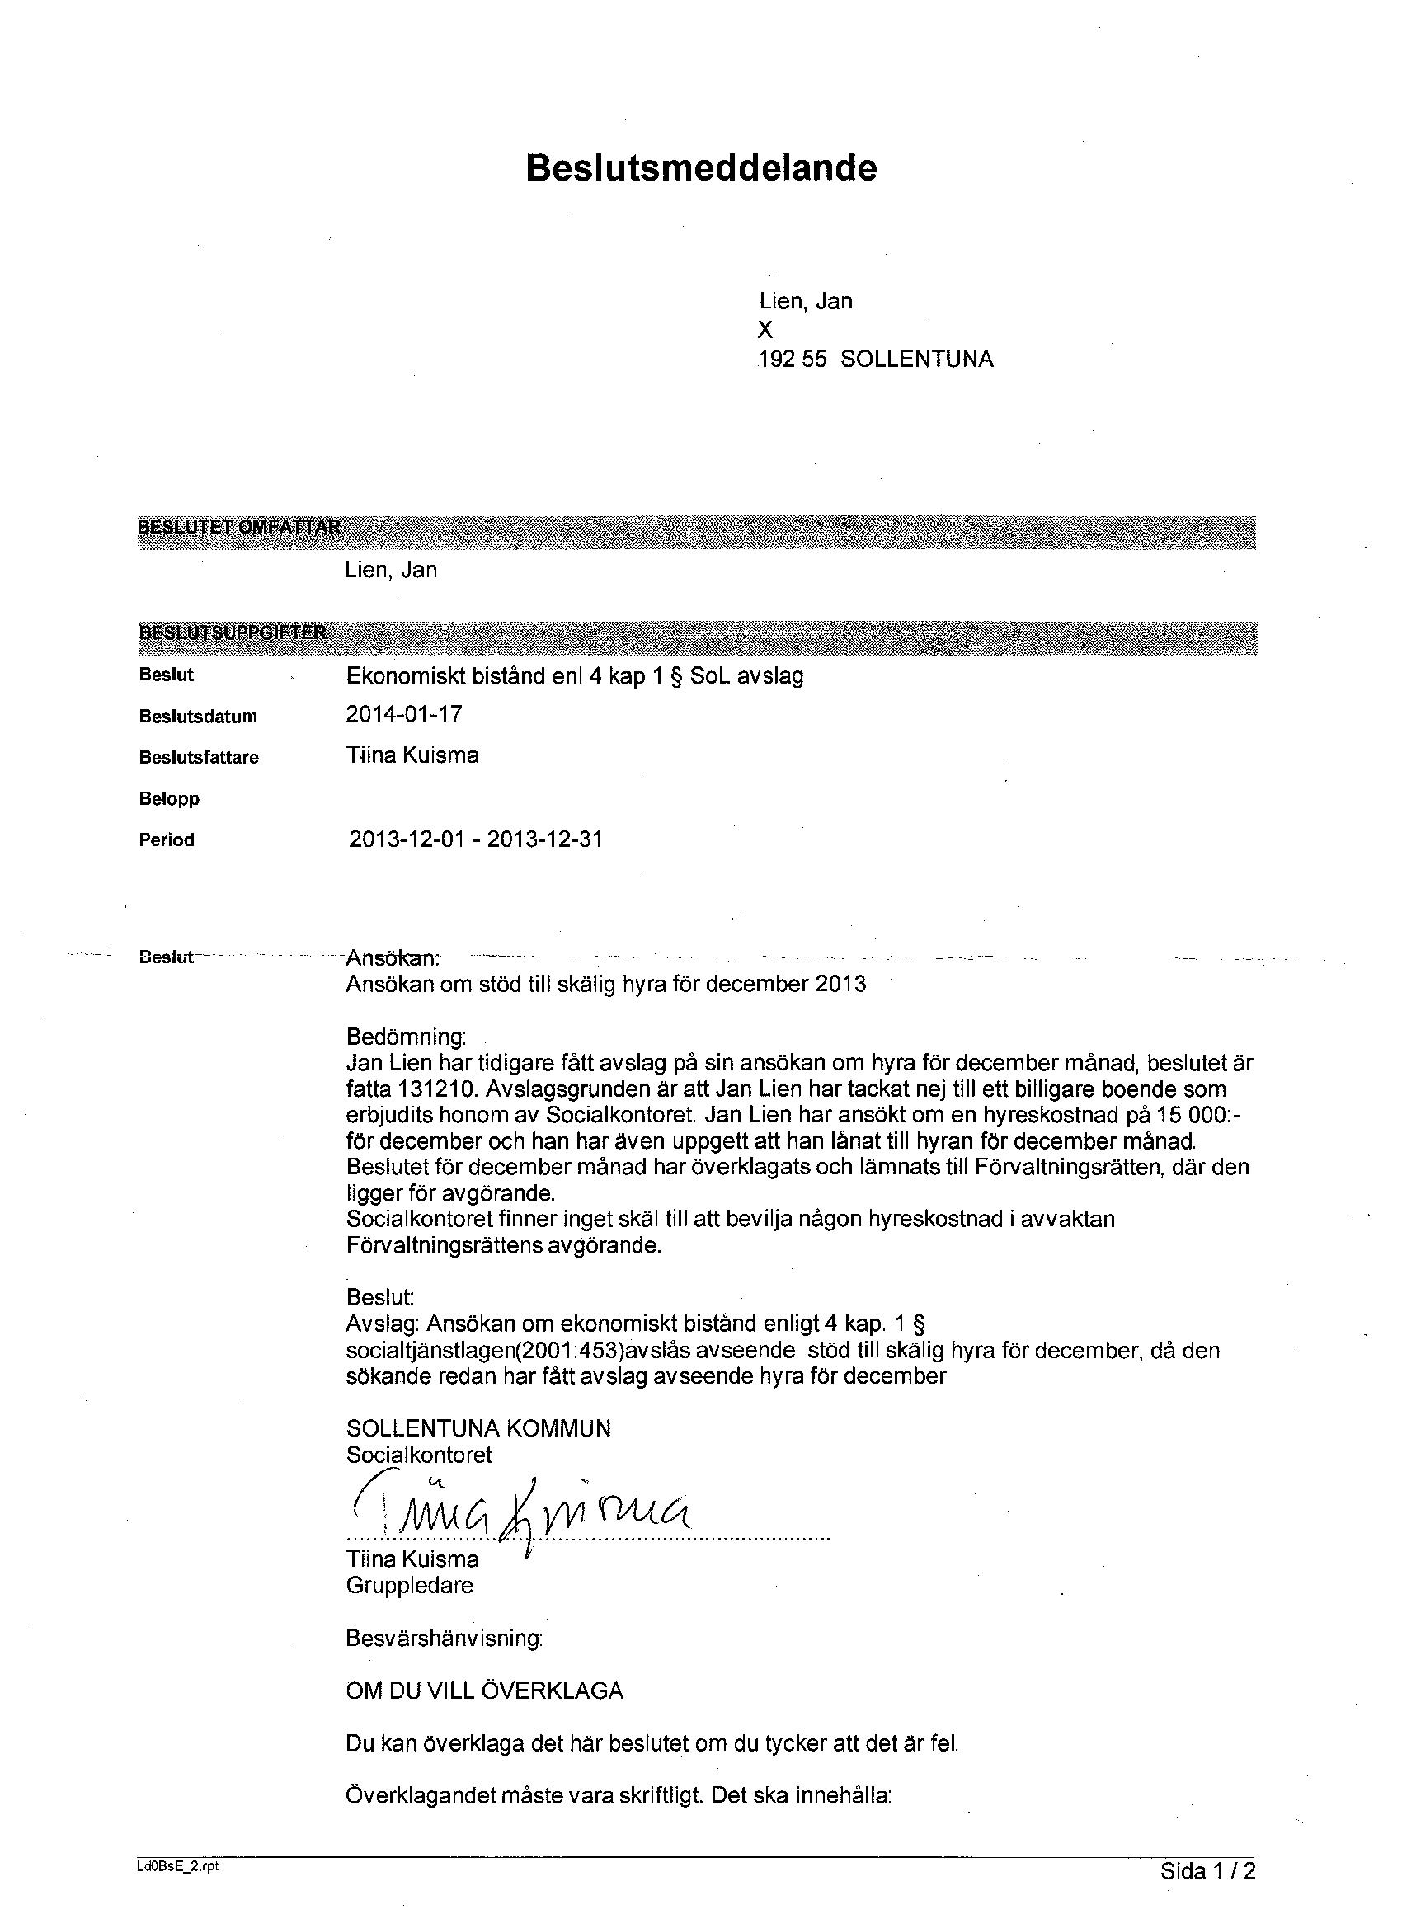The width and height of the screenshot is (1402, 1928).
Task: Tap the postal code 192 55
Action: [792, 360]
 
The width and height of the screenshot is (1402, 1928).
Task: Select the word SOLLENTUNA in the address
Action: [916, 360]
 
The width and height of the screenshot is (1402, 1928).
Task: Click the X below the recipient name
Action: [765, 331]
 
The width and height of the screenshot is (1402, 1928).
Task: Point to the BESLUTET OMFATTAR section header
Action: [239, 527]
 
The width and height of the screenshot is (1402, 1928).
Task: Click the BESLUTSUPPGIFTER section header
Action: [232, 632]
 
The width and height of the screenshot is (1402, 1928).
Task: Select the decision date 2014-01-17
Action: [404, 714]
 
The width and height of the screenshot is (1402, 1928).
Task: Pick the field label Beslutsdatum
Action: [198, 717]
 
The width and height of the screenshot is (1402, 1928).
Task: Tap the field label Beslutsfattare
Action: [199, 757]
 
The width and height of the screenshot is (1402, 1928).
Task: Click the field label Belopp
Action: [169, 799]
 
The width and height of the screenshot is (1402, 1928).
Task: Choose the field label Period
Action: [167, 839]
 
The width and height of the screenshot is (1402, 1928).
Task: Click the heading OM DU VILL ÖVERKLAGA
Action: [484, 1690]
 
